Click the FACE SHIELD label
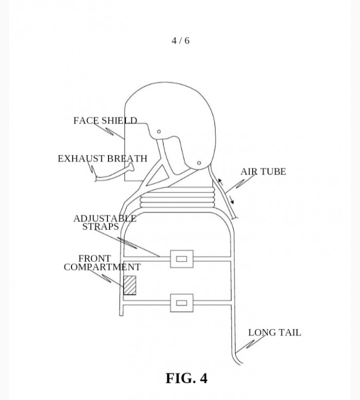tap(105, 120)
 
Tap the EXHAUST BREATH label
tap(102, 159)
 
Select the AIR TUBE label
tap(263, 171)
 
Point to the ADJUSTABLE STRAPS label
tap(105, 222)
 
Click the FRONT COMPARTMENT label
tap(102, 263)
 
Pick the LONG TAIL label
tap(275, 333)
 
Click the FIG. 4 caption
tap(187, 378)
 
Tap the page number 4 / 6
tap(181, 41)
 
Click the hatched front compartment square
tap(130, 285)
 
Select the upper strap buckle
tap(182, 259)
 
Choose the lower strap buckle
tap(182, 303)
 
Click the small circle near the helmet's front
tap(159, 131)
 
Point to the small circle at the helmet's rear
tap(199, 163)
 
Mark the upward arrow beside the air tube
tap(221, 181)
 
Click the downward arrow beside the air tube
tap(231, 200)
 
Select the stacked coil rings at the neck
tap(177, 198)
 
